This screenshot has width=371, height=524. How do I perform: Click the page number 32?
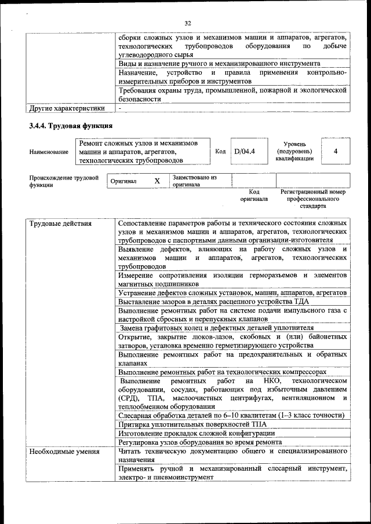187,23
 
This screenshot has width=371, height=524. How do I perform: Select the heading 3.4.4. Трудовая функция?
71,126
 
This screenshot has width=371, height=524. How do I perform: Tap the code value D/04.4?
244,151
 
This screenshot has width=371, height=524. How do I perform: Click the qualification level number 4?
336,151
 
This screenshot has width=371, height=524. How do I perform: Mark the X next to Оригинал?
157,181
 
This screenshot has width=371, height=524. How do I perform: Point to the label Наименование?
49,151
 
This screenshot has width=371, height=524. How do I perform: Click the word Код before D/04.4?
220,151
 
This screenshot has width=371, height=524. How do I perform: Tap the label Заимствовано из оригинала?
194,181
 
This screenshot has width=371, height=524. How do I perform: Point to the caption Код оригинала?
254,195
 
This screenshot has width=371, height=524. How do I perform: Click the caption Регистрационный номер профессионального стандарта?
312,199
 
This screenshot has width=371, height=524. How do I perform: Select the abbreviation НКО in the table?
271,381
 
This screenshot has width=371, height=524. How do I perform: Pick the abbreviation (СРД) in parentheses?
127,398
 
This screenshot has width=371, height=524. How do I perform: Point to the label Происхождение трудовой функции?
64,181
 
